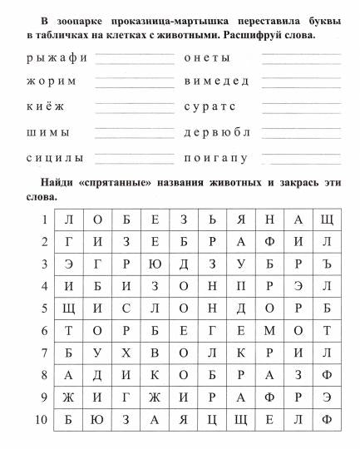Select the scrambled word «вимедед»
click(x=215, y=82)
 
